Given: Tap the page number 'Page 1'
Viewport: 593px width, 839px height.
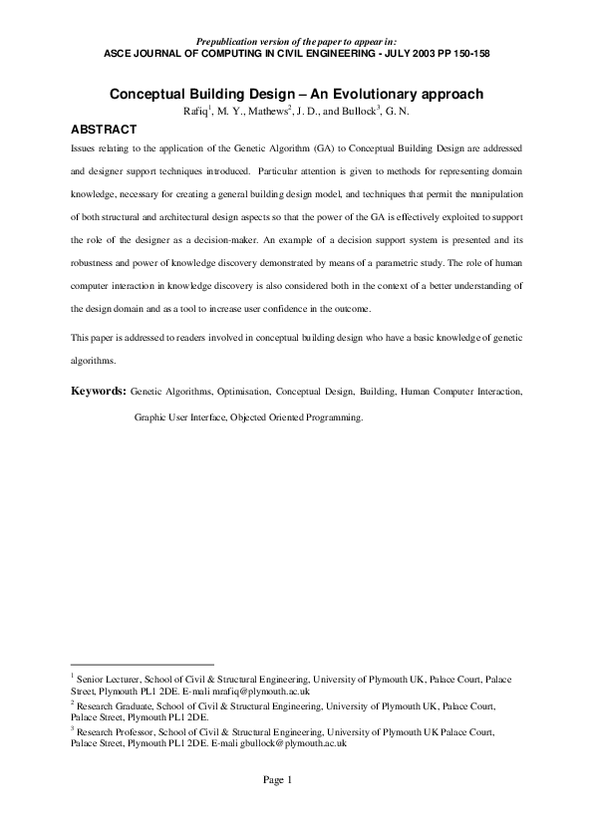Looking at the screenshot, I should coord(277,779).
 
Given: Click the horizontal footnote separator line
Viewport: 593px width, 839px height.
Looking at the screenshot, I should coord(143,664).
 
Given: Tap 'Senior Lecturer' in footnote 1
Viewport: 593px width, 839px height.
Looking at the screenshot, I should coord(109,679).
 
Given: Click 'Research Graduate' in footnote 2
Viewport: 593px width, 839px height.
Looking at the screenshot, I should coord(114,704).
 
